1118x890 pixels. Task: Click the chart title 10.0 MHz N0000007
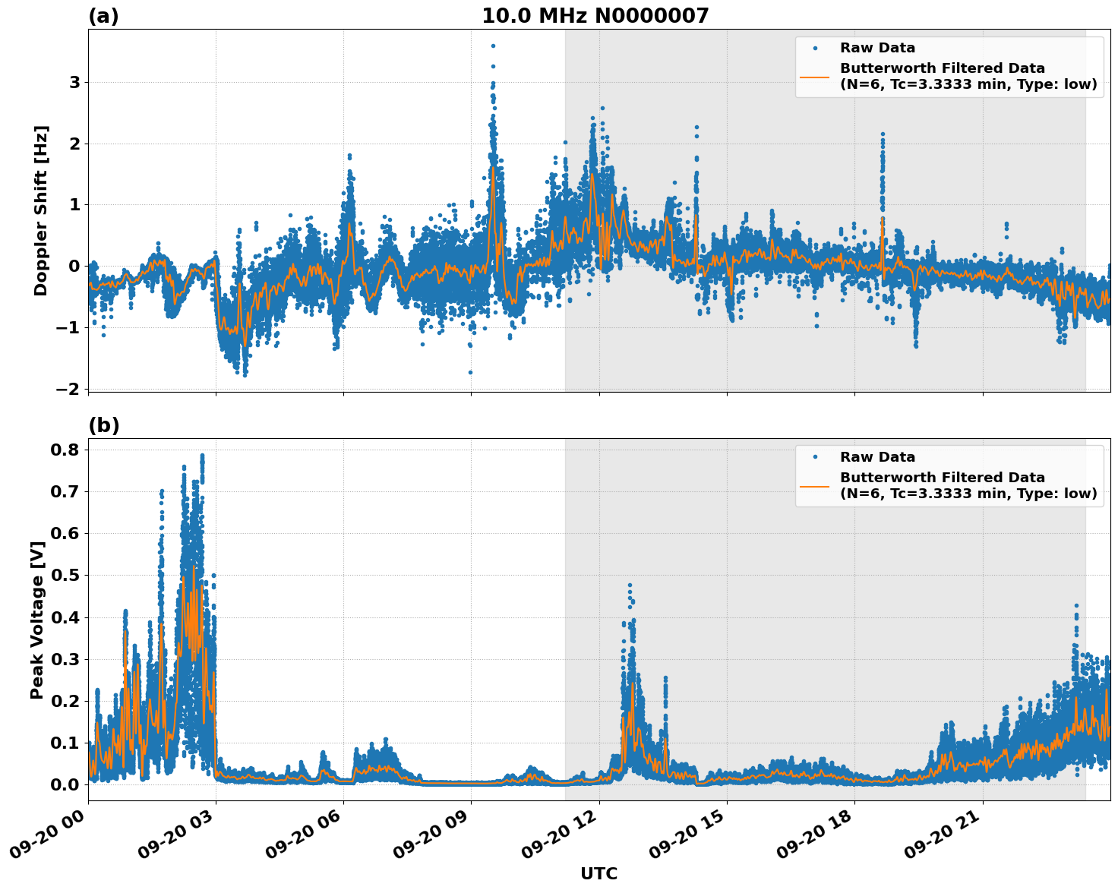(x=595, y=16)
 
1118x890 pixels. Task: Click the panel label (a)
(x=103, y=16)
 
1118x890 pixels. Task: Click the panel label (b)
(x=103, y=425)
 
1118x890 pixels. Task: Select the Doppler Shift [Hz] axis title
(x=41, y=210)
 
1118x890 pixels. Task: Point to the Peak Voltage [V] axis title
(x=37, y=620)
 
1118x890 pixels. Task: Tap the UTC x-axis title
(x=598, y=873)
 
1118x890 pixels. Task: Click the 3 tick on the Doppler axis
(x=74, y=82)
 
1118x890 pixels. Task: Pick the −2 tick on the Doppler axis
(x=68, y=389)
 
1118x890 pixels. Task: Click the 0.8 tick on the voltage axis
(x=65, y=450)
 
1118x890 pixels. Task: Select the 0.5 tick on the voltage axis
(x=65, y=575)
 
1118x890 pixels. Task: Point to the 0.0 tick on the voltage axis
(x=65, y=784)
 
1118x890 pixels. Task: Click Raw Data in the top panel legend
(x=877, y=48)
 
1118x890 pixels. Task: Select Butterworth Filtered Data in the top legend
(x=942, y=68)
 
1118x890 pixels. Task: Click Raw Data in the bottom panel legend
(x=877, y=457)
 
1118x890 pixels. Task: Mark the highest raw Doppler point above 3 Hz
(x=493, y=46)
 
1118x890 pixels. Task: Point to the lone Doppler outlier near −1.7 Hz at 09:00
(x=470, y=372)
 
